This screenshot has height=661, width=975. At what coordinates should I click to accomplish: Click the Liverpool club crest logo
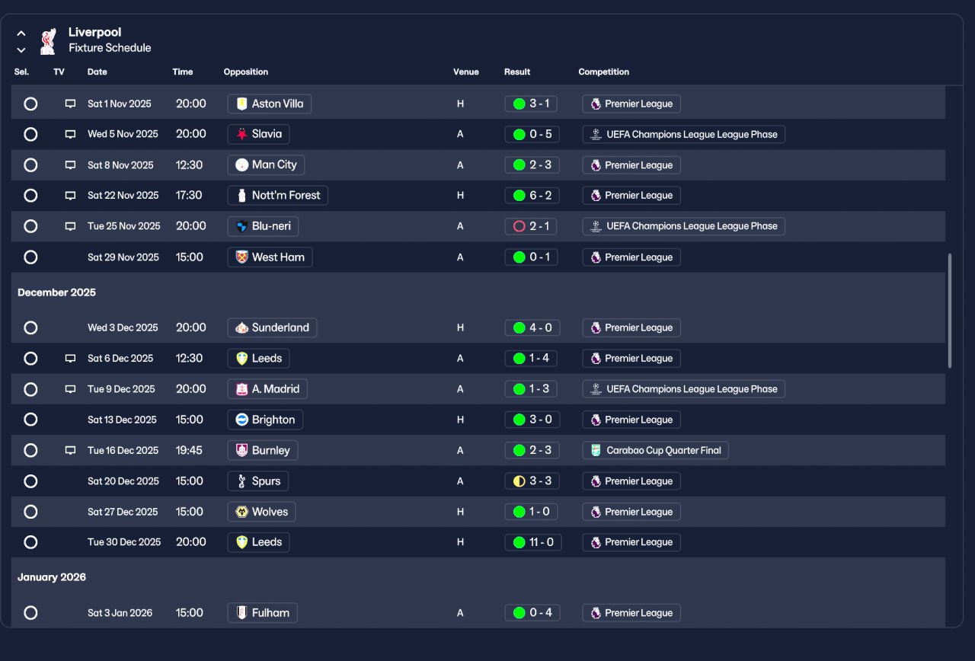[48, 40]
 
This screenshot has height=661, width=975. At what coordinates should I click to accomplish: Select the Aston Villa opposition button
[270, 104]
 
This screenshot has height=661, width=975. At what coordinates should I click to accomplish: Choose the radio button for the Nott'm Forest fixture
[30, 196]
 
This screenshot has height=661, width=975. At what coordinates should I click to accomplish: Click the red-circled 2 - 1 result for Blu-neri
[531, 226]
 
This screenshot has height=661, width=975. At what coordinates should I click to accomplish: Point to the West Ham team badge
[242, 257]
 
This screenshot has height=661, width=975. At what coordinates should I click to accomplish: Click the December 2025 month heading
[57, 292]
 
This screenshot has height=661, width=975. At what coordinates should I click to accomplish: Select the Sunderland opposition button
[272, 327]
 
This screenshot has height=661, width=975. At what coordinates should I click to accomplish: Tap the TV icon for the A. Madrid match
[70, 389]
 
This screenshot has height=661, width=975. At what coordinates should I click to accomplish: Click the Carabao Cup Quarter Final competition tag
[656, 450]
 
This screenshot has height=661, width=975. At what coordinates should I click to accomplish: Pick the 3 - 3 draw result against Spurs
[532, 481]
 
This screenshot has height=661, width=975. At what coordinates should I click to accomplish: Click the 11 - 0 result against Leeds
[532, 542]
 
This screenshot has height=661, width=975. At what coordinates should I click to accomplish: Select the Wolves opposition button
[261, 512]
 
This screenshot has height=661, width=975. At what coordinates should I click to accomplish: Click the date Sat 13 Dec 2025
[122, 420]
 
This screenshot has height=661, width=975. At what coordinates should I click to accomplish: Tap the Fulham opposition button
[262, 613]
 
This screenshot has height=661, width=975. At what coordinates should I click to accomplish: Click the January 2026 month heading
[52, 577]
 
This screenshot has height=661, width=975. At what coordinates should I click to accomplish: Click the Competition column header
[604, 72]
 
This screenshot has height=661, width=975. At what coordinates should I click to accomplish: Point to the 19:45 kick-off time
[189, 450]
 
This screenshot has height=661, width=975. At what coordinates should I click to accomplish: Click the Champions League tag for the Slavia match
[683, 134]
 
